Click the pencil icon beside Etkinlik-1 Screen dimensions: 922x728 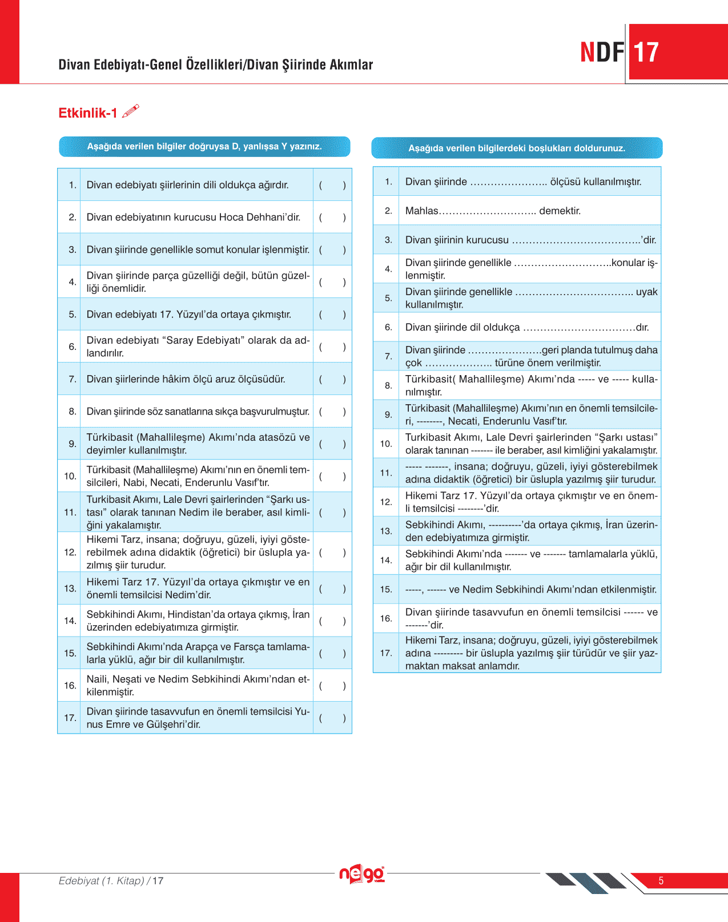[x=130, y=111]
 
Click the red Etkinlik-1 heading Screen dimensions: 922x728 [x=87, y=113]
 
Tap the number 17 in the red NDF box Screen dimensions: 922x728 [x=646, y=53]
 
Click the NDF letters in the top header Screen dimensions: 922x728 [x=602, y=53]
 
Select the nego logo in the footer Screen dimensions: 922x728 [x=361, y=874]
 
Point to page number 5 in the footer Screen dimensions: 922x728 [x=661, y=880]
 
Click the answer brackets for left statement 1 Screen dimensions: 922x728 [x=332, y=185]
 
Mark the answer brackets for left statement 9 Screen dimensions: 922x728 [x=332, y=444]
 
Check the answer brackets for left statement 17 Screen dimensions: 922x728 [x=332, y=718]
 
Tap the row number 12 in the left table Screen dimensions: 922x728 [x=70, y=552]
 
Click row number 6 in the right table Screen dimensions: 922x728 [x=388, y=327]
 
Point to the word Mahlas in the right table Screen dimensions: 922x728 [x=421, y=211]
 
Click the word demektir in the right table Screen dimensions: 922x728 [x=560, y=211]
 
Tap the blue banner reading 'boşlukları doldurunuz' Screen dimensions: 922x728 [x=517, y=148]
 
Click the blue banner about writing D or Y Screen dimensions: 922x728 [x=204, y=146]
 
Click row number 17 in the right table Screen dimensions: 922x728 [x=386, y=653]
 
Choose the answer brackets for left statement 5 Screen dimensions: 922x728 [x=332, y=315]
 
